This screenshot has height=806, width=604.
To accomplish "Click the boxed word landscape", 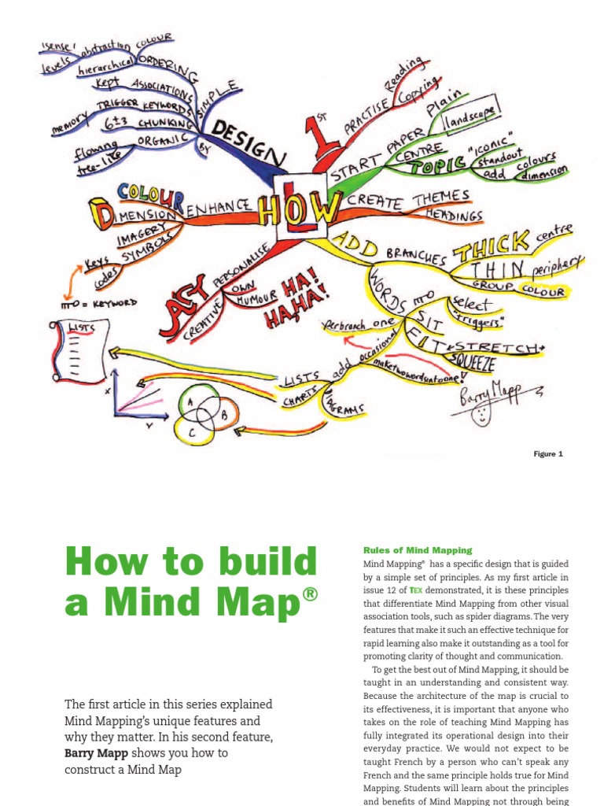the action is (x=471, y=118).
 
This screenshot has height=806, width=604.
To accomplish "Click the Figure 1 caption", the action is (x=549, y=454).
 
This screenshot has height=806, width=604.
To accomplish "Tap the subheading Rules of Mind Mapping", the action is (x=417, y=550).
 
